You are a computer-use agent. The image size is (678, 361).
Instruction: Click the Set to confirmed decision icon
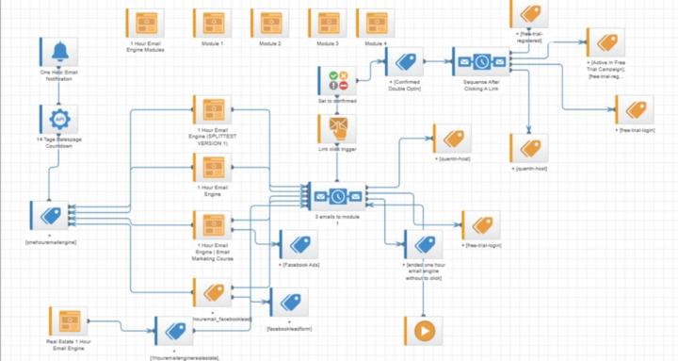pos(333,80)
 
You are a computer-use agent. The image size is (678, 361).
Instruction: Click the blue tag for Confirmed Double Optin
pos(404,63)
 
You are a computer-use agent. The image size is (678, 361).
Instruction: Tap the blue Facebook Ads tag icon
pos(299,245)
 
